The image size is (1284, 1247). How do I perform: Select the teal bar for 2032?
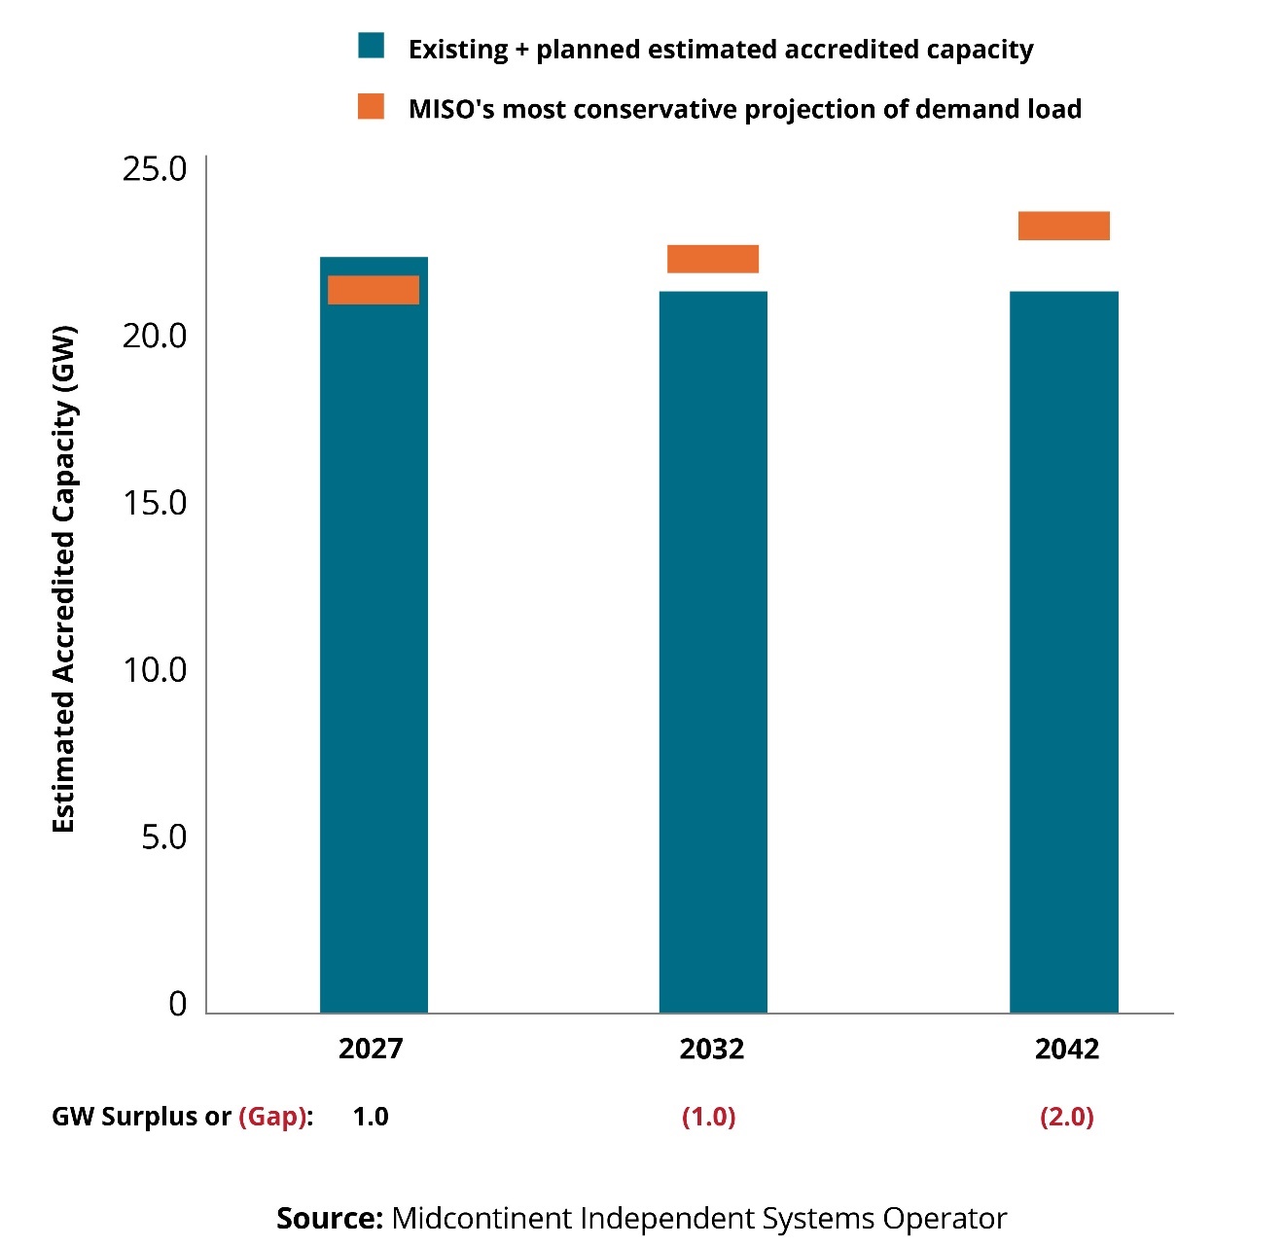(713, 652)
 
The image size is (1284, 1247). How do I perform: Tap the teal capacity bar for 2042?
(1063, 652)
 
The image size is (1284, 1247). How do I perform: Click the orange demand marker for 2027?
(374, 290)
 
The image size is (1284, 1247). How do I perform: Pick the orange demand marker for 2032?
(713, 259)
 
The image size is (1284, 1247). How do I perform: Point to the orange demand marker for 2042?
(1063, 226)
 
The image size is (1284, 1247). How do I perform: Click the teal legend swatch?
(372, 47)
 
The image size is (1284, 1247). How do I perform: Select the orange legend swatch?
(372, 107)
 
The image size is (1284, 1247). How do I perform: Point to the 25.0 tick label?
(155, 169)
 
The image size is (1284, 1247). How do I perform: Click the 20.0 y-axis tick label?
(155, 336)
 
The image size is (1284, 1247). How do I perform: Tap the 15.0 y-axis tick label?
(155, 503)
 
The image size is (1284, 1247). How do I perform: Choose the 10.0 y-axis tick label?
(155, 670)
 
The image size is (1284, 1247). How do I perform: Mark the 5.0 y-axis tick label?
(163, 837)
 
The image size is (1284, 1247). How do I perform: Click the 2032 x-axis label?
(712, 1049)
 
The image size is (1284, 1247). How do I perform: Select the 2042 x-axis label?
(1067, 1049)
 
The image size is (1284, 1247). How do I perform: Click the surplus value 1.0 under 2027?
(371, 1117)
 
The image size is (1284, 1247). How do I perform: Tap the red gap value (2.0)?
(1067, 1117)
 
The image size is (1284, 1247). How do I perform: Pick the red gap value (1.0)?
(709, 1117)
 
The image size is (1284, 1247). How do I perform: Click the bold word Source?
(330, 1219)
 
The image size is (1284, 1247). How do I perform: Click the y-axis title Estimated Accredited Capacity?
(64, 579)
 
